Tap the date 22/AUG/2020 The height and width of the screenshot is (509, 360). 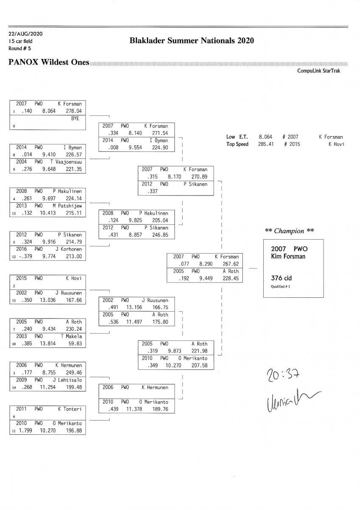coord(25,34)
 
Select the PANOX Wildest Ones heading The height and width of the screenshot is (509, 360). coord(49,62)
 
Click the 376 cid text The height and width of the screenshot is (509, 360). coord(281,278)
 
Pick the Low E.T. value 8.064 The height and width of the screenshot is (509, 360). coord(266,137)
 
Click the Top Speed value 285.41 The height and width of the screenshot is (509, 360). coord(266,144)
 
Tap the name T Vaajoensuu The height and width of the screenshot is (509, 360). coord(66,162)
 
